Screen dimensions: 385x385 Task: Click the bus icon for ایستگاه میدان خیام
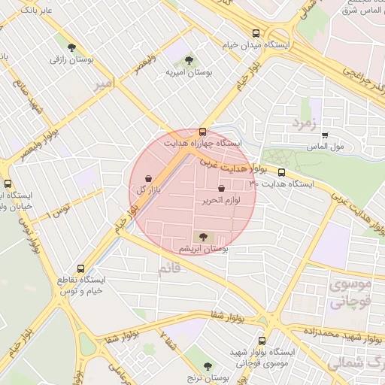click(257, 33)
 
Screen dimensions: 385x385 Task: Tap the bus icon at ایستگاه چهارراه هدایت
click(202, 132)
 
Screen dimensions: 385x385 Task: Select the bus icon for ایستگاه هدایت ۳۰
click(281, 171)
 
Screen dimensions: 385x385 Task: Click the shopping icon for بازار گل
click(148, 178)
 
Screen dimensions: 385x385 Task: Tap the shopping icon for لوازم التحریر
click(220, 189)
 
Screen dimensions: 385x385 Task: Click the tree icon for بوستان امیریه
click(188, 60)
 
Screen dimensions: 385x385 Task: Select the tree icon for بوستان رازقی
click(72, 47)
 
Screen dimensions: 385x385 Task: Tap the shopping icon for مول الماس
click(325, 136)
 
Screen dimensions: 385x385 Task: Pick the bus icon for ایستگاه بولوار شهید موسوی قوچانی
click(262, 341)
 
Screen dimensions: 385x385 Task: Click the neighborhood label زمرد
click(308, 123)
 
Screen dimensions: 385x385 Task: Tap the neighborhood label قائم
click(170, 266)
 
